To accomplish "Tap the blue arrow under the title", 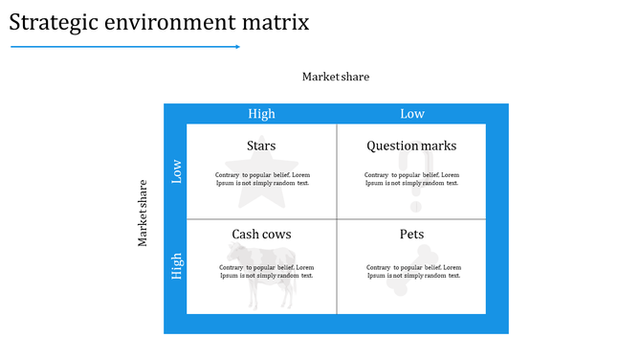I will coord(124,46).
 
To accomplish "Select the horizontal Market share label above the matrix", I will coord(335,77).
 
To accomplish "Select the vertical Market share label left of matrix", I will coord(144,213).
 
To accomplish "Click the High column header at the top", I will coord(261,114).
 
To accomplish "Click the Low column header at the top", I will coord(412,114).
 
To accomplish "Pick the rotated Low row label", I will coord(176,171).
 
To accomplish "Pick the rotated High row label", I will coord(176,266).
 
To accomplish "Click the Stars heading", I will coord(261,146).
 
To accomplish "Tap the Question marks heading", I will coord(411,146).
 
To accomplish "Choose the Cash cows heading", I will coord(261,235).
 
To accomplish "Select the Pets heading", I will coord(411,235).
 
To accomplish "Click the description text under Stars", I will coord(262,179).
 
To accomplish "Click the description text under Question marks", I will coord(411,179).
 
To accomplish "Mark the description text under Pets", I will coord(413,271).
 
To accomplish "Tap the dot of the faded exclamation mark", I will coord(415,205).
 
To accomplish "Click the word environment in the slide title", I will coord(168,22).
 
